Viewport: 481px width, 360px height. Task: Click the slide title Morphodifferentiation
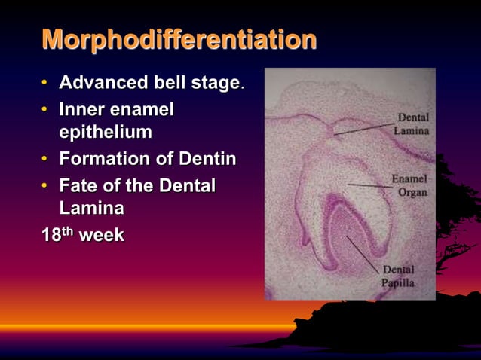(x=179, y=40)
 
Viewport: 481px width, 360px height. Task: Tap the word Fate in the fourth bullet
(x=78, y=185)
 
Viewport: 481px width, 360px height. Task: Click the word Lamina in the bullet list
(x=91, y=208)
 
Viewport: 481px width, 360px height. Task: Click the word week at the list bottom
(x=102, y=235)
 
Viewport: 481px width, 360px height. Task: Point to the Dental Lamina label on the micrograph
(x=412, y=124)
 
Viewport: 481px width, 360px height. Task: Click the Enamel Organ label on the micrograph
(x=409, y=186)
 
